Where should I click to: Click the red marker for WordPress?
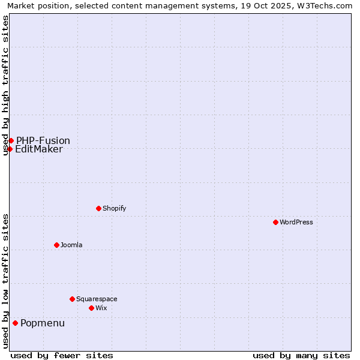275,222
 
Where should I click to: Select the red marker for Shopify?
98,208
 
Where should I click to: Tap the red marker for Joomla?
56,245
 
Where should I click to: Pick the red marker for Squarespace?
72,299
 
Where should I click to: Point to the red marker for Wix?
91,308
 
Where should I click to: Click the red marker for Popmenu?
15,323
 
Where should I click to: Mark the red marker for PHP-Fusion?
11,140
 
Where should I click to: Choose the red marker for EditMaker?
10,149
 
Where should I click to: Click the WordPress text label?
296,222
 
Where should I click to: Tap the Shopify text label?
114,208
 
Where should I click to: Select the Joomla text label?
71,245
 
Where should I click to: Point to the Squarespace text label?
97,299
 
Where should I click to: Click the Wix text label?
101,308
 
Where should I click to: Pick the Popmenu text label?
43,323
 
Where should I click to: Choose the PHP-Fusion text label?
43,141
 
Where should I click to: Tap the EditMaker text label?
39,149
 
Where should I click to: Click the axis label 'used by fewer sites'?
62,355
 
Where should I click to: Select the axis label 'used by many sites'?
301,355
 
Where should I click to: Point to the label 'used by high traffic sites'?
5,85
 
